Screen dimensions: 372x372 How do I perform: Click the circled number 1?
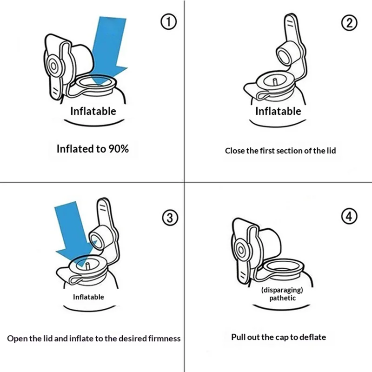[x=169, y=22]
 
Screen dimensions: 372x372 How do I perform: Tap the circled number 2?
[x=349, y=23]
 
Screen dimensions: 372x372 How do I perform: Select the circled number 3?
[x=170, y=218]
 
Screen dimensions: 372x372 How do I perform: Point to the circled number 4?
[x=349, y=216]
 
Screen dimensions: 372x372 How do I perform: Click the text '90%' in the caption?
[x=119, y=149]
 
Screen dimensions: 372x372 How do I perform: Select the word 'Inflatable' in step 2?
[x=278, y=111]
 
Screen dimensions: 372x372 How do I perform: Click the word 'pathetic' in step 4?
[x=282, y=298]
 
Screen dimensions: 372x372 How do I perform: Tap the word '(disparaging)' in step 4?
[x=282, y=290]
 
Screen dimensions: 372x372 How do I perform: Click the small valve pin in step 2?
[x=275, y=82]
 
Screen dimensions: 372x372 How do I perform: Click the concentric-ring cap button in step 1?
[x=53, y=66]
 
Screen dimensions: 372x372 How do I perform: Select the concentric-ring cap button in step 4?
[x=240, y=250]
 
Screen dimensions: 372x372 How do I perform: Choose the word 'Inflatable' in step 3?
[x=88, y=297]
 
